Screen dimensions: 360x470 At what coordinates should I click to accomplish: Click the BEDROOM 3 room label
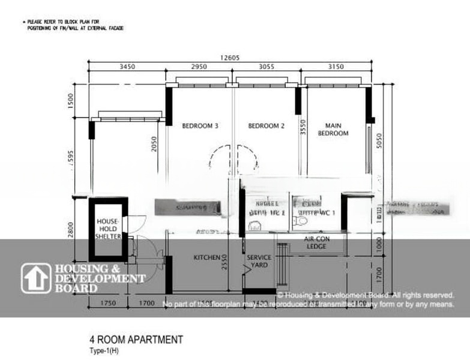[200, 126]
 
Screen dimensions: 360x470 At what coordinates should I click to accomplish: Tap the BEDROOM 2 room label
[266, 126]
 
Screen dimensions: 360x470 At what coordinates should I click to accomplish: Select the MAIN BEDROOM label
[333, 130]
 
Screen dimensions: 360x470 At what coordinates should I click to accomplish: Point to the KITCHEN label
[206, 257]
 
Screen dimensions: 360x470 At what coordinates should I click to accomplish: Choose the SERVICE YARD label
[259, 261]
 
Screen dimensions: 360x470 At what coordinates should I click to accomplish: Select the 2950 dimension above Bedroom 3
[199, 66]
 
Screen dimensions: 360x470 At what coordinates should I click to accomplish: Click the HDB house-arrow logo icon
[36, 278]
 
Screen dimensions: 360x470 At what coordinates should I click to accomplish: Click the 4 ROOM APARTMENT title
[136, 340]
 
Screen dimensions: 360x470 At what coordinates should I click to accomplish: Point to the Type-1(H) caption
[104, 351]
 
